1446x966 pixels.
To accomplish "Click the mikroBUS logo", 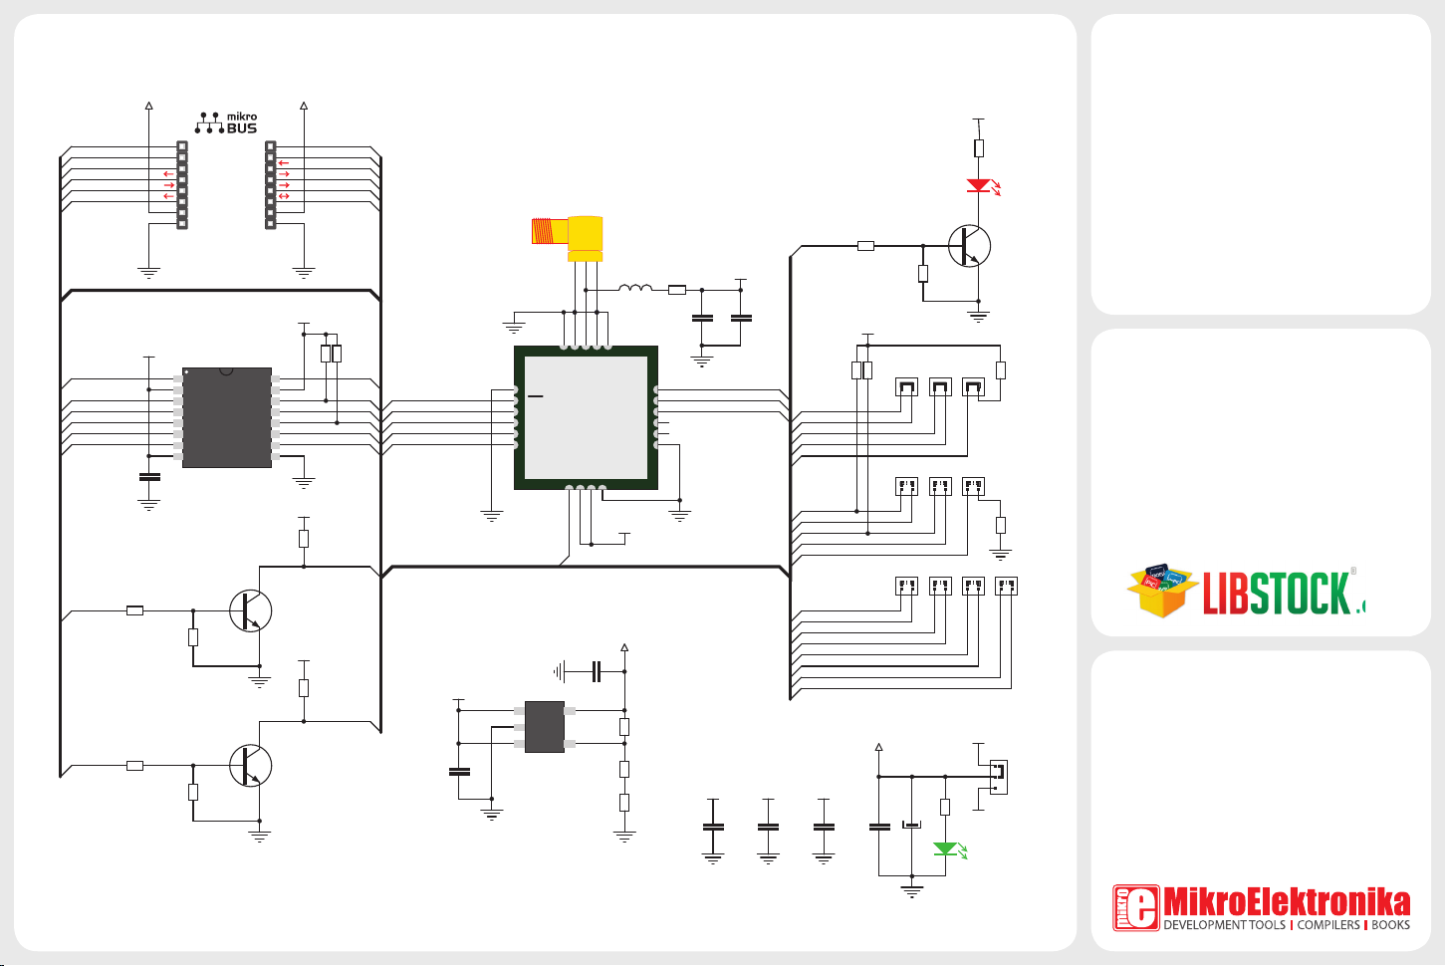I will (x=227, y=122).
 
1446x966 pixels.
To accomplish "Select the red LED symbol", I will (x=979, y=185).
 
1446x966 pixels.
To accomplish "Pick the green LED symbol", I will (x=945, y=849).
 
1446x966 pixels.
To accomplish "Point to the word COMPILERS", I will (x=1328, y=925).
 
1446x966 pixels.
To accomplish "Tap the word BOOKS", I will (x=1390, y=925).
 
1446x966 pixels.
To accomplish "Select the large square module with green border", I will (x=586, y=418).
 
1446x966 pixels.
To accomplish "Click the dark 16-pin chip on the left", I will (x=227, y=417).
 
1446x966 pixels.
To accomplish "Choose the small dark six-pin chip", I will (x=544, y=727).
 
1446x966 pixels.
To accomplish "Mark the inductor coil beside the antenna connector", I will (x=635, y=290).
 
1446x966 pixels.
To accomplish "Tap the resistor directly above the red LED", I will (x=979, y=148).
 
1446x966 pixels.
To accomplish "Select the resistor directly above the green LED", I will (x=945, y=808).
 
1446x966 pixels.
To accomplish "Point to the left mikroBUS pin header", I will (x=182, y=184).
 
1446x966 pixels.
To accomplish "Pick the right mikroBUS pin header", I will (x=270, y=184).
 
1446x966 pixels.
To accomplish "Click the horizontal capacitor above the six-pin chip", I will (x=597, y=671).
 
